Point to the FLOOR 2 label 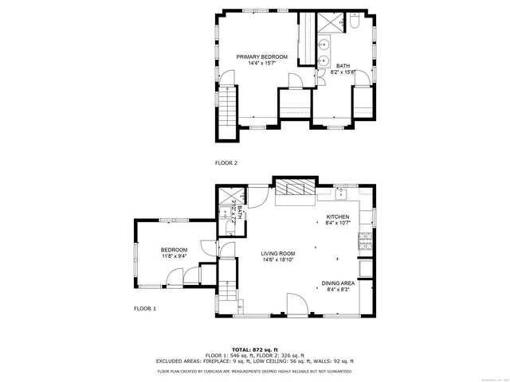point(226,162)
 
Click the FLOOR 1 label point(144,308)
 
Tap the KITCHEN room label point(338,216)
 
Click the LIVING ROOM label point(278,253)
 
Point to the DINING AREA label point(338,283)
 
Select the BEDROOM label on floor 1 point(174,250)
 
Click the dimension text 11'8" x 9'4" point(174,256)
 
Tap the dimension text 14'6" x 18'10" point(278,259)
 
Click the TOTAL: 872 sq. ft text point(255,349)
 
